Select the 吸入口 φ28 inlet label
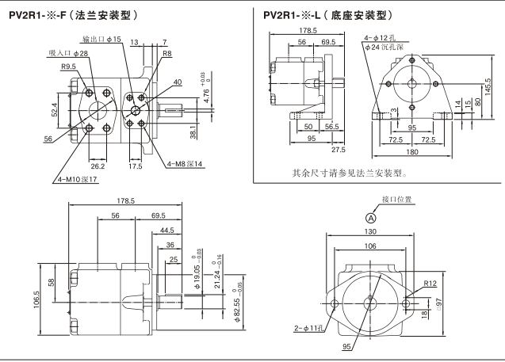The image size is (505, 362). (x=68, y=53)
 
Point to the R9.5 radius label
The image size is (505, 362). (x=69, y=67)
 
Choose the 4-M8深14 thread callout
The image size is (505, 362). (x=185, y=164)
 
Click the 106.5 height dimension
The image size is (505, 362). (x=37, y=302)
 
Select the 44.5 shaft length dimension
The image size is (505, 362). (x=166, y=231)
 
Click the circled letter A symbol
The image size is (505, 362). (x=370, y=218)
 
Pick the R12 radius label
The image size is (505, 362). (x=430, y=284)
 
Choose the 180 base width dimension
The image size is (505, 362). (x=413, y=152)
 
